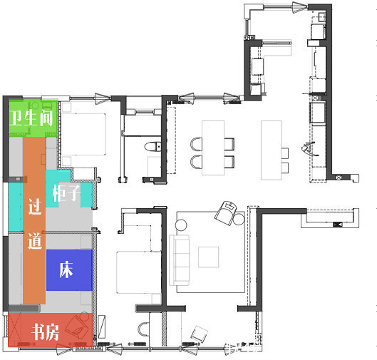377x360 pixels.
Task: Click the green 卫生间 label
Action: (31, 118)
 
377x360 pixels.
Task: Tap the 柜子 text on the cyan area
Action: (66, 193)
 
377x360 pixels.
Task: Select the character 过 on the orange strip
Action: (35, 206)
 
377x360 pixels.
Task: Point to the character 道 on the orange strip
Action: (35, 241)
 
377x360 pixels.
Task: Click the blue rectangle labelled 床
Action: (69, 270)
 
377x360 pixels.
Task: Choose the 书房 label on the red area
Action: (45, 332)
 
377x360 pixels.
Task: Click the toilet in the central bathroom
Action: (153, 146)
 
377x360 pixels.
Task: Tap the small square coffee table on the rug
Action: (209, 257)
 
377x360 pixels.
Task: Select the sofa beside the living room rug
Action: (179, 260)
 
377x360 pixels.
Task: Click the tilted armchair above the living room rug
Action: (226, 213)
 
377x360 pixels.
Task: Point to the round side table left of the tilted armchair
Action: (181, 225)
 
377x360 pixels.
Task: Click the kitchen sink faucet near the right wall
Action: (309, 148)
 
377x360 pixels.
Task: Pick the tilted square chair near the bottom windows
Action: (200, 334)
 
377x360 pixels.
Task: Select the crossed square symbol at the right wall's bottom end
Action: (339, 178)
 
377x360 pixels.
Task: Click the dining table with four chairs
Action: (213, 148)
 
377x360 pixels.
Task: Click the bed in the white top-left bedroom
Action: (83, 134)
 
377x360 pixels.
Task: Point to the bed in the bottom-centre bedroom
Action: (139, 272)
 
